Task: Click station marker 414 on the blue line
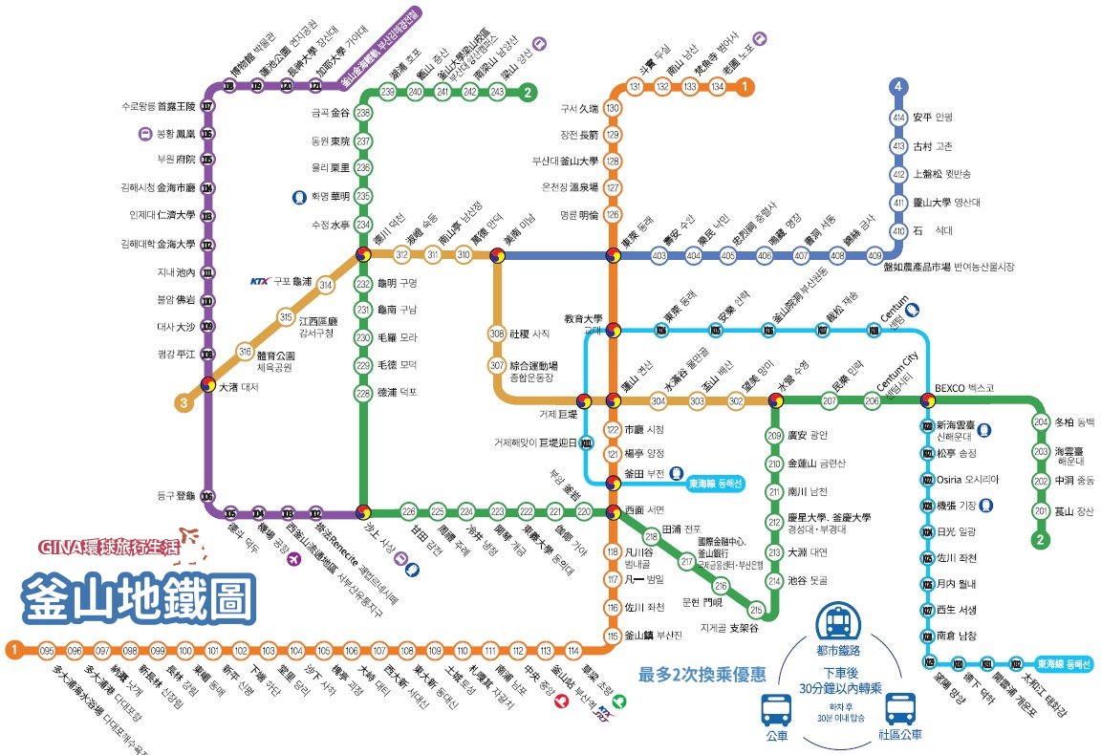pyautogui.click(x=897, y=118)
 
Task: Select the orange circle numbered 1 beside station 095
pyautogui.click(x=13, y=650)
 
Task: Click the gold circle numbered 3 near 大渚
pyautogui.click(x=183, y=402)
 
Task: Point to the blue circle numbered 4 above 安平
pyautogui.click(x=897, y=87)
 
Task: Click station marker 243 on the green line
pyautogui.click(x=497, y=92)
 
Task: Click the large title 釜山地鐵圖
pyautogui.click(x=140, y=597)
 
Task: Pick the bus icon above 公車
pyautogui.click(x=775, y=710)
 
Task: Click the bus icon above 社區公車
pyautogui.click(x=899, y=710)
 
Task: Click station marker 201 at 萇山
pyautogui.click(x=1041, y=511)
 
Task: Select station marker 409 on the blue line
pyautogui.click(x=874, y=256)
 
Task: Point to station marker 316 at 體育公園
pyautogui.click(x=246, y=352)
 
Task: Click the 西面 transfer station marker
pyautogui.click(x=612, y=511)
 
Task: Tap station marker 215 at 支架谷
pyautogui.click(x=756, y=610)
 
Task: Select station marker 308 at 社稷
pyautogui.click(x=496, y=334)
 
